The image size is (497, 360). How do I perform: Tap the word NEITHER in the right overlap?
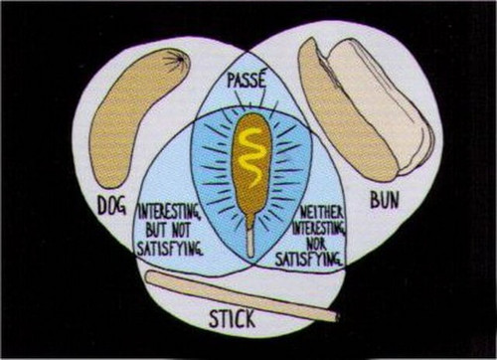[324, 212]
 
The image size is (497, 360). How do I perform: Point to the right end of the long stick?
[335, 317]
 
